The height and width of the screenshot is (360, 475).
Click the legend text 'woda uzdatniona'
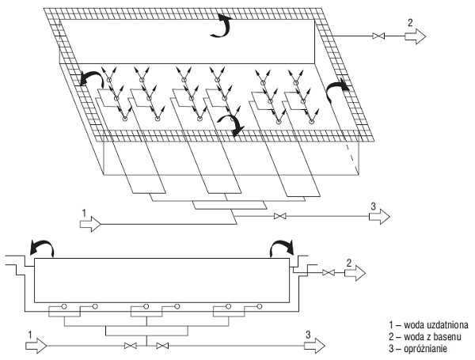click(x=436, y=325)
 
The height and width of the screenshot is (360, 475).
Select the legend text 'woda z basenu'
click(x=432, y=337)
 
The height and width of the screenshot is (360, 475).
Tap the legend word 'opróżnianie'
click(x=426, y=349)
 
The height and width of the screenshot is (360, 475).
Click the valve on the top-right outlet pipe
click(x=378, y=36)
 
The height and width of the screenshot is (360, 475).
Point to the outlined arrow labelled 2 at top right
click(x=416, y=36)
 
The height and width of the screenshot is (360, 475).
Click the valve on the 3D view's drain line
click(x=280, y=216)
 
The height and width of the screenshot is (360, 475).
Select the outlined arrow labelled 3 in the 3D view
click(x=379, y=217)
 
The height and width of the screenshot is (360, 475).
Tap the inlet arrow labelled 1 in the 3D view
click(x=90, y=224)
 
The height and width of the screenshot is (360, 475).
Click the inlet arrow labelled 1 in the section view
click(x=36, y=346)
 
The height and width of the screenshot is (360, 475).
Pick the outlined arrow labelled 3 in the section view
click(x=315, y=346)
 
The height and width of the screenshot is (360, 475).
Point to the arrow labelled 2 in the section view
click(x=355, y=273)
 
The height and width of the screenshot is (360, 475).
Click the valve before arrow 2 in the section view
click(x=329, y=272)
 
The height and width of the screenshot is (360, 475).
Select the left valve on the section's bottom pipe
click(x=131, y=346)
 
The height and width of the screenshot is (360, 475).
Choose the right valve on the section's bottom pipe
click(x=162, y=346)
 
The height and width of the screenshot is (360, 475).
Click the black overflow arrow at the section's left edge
click(x=43, y=244)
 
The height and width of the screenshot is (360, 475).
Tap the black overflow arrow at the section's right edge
click(x=282, y=244)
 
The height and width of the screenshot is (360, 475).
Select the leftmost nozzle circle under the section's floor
click(x=64, y=306)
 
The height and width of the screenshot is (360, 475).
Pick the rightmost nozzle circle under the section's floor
click(x=260, y=306)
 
